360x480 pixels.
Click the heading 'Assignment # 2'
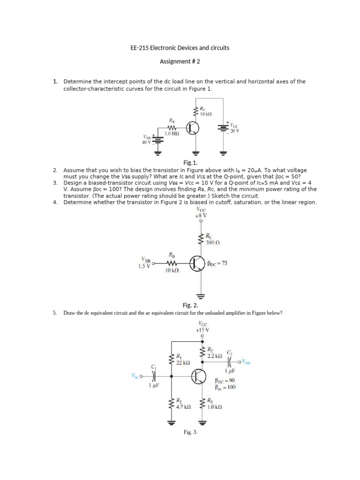click(180, 61)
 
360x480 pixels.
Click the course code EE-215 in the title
click(139, 48)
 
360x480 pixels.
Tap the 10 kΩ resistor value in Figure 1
click(206, 113)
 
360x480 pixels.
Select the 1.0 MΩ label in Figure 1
click(172, 134)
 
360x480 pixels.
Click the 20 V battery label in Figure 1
click(234, 131)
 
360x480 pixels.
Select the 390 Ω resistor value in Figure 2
click(213, 243)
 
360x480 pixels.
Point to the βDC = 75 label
click(217, 263)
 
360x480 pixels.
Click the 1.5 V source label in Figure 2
click(144, 266)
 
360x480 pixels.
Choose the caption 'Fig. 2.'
click(191, 305)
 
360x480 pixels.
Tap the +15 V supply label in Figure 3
click(202, 330)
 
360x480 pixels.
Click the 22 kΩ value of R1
click(183, 363)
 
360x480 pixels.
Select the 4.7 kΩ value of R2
click(183, 407)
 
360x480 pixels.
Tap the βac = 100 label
click(225, 388)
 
